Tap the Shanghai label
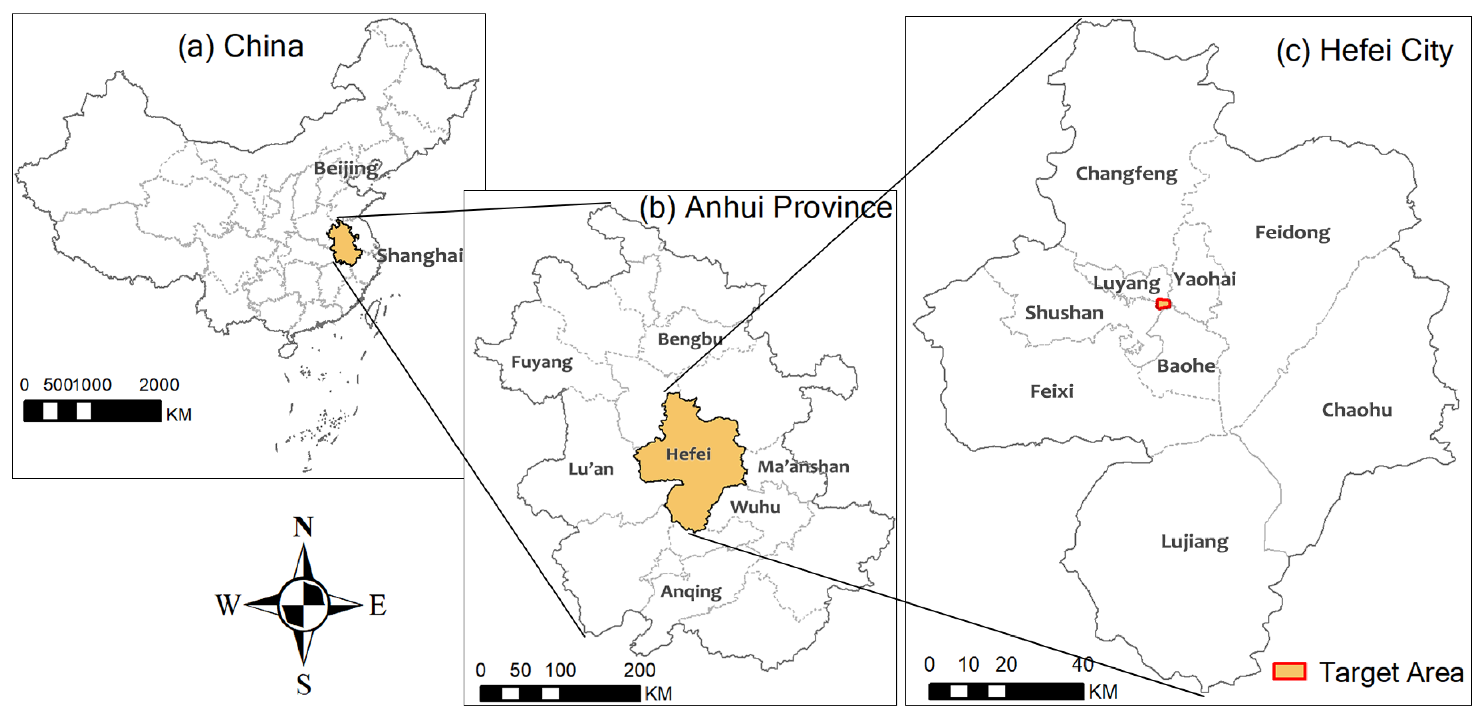(x=419, y=255)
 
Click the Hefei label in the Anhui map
(x=688, y=454)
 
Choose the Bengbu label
(x=689, y=339)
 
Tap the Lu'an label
(x=591, y=469)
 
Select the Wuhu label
(x=755, y=507)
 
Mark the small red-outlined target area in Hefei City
(x=1163, y=303)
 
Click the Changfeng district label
(x=1126, y=173)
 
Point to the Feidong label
(x=1292, y=232)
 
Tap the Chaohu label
(x=1356, y=410)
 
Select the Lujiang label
(x=1194, y=541)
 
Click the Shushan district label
(x=1064, y=313)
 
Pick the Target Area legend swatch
(x=1289, y=671)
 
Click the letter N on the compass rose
(x=303, y=526)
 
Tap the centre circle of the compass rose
(x=303, y=605)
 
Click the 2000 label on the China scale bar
(x=159, y=384)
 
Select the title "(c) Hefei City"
(x=1364, y=51)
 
